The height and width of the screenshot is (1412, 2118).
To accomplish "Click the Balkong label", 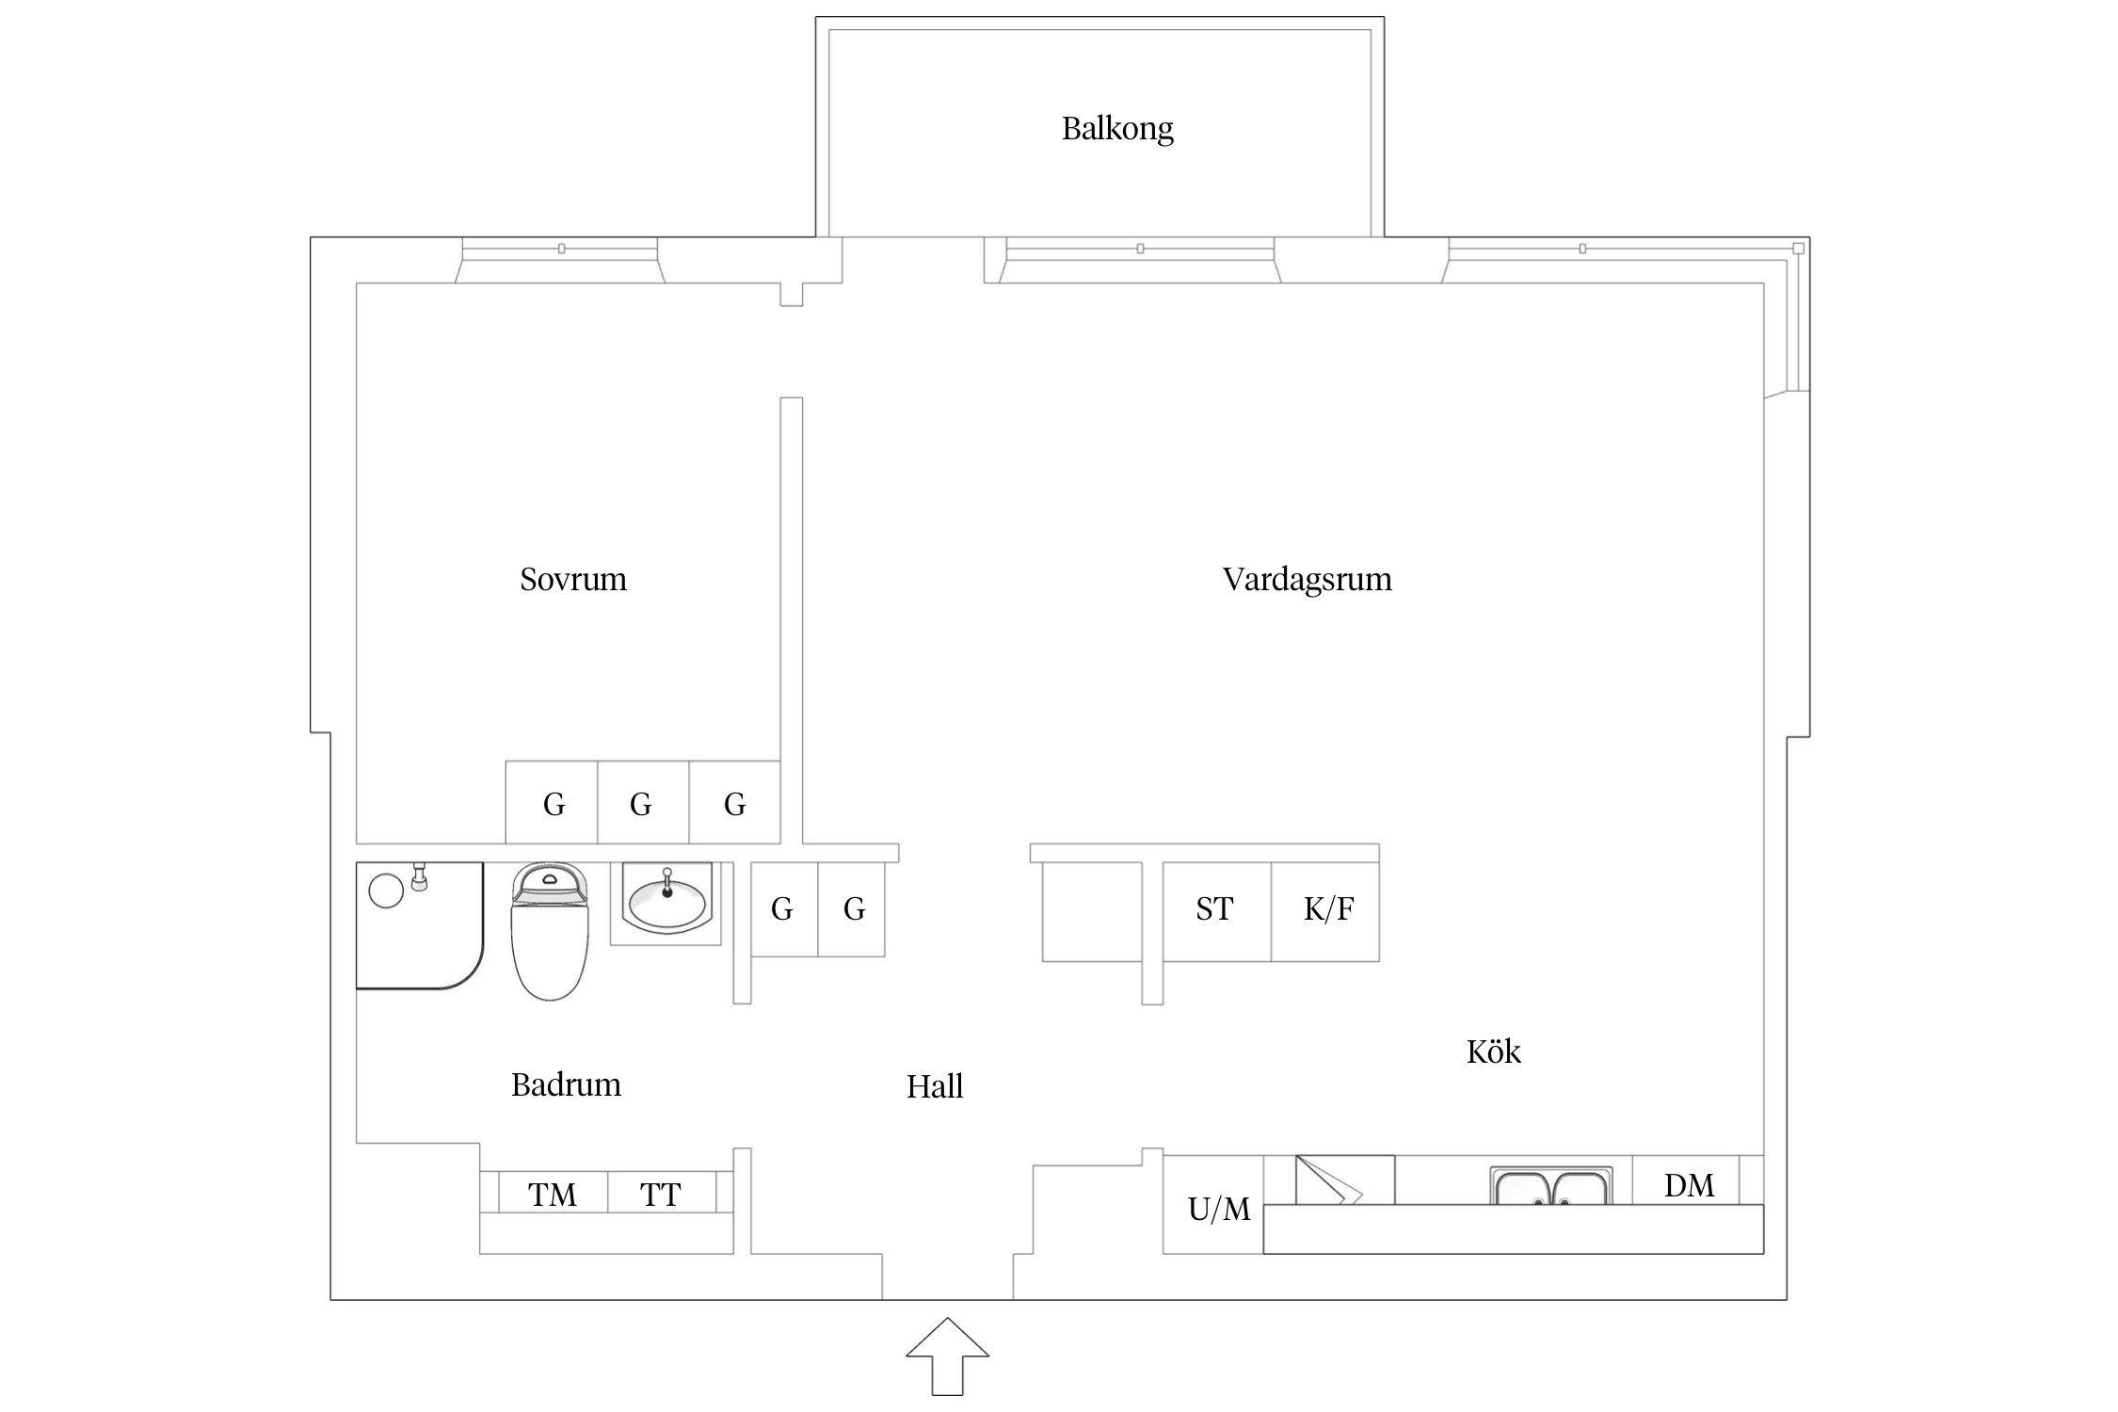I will (1117, 128).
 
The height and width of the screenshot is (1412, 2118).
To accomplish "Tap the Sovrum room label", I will (572, 579).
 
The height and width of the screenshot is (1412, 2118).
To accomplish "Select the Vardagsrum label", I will (1307, 579).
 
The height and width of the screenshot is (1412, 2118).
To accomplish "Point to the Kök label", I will (1493, 1051).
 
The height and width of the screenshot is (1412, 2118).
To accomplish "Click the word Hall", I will (934, 1086).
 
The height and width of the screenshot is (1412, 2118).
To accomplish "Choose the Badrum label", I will (566, 1084).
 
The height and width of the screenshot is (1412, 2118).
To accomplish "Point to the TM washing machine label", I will (552, 1195).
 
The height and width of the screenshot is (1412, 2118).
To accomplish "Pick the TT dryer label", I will (660, 1195).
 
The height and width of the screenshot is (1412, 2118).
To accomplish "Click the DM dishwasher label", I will (1689, 1185).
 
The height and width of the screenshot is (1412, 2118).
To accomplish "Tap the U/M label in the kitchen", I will (1218, 1209).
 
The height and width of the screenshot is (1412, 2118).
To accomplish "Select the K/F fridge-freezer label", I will (1328, 909).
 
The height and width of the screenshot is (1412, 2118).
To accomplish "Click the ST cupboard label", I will (1214, 909).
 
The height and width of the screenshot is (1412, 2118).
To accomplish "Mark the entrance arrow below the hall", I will (947, 1356).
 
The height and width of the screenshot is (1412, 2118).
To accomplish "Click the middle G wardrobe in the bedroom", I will (641, 803).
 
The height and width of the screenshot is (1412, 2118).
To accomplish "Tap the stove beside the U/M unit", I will (1344, 1180).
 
